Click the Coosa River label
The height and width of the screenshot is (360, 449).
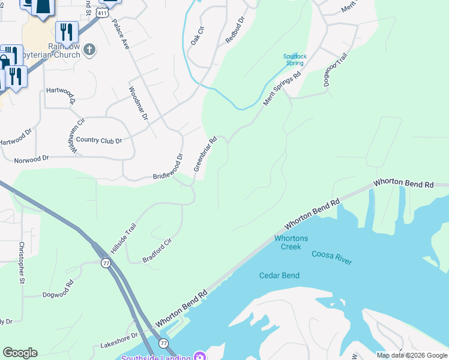[x=332, y=257]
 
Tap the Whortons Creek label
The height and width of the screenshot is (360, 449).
[x=291, y=242]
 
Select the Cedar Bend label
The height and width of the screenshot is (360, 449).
[x=279, y=275]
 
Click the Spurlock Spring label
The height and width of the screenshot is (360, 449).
[x=295, y=59]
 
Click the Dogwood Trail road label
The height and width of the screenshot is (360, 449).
[x=336, y=70]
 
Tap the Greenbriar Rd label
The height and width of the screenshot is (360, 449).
[x=205, y=155]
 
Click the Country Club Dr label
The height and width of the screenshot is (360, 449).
[x=98, y=140]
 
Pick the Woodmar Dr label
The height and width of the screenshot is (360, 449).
[x=138, y=103]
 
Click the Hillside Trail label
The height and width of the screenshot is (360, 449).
[x=124, y=238]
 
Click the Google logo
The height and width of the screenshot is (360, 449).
[x=20, y=353]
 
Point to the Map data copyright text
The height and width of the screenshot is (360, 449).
[x=412, y=355]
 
